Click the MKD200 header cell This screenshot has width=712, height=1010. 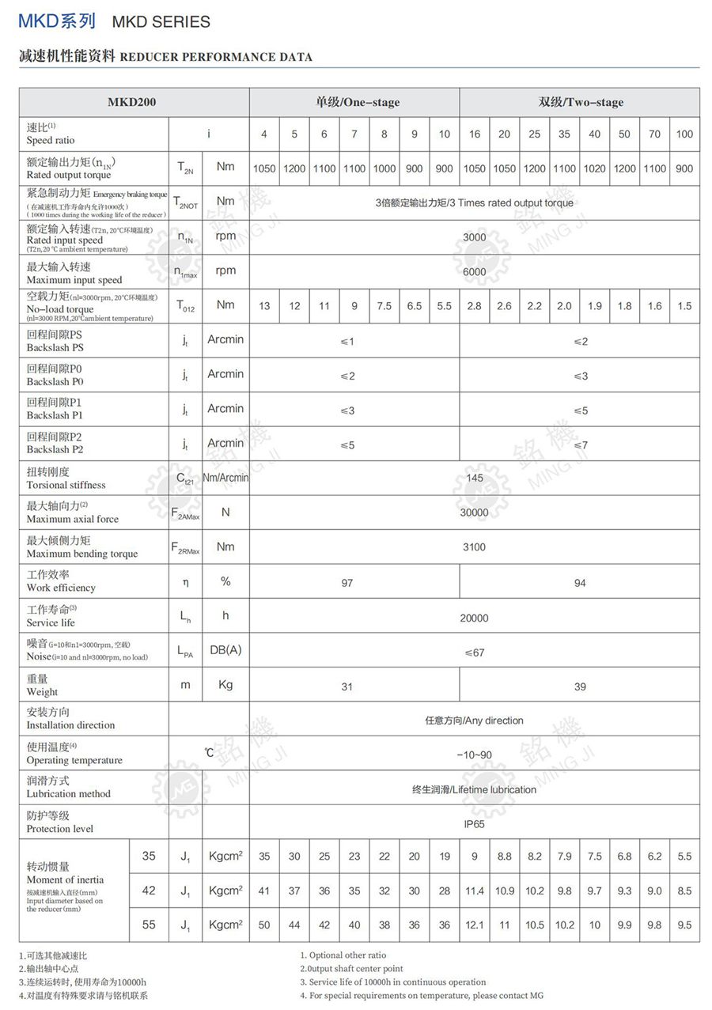pyautogui.click(x=133, y=102)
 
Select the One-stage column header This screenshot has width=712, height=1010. pyautogui.click(x=354, y=102)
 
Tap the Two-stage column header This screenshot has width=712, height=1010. pyautogui.click(x=580, y=102)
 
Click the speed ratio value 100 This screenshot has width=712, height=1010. pyautogui.click(x=684, y=134)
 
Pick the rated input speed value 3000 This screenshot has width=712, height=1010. pyautogui.click(x=475, y=237)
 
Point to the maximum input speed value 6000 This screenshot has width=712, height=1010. pyautogui.click(x=475, y=271)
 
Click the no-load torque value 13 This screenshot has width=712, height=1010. pyautogui.click(x=264, y=306)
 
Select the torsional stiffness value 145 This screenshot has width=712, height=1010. pyautogui.click(x=475, y=478)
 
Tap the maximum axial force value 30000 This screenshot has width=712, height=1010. pyautogui.click(x=475, y=513)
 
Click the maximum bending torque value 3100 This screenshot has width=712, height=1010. pyautogui.click(x=475, y=547)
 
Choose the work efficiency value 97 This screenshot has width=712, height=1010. pyautogui.click(x=347, y=583)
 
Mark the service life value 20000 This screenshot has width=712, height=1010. pyautogui.click(x=475, y=618)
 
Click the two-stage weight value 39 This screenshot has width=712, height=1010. pyautogui.click(x=580, y=687)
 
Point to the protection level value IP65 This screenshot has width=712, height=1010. pyautogui.click(x=475, y=823)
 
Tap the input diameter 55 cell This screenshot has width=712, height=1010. pyautogui.click(x=149, y=925)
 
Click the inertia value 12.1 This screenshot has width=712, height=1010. pyautogui.click(x=474, y=925)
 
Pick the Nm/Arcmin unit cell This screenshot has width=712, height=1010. pyautogui.click(x=225, y=478)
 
